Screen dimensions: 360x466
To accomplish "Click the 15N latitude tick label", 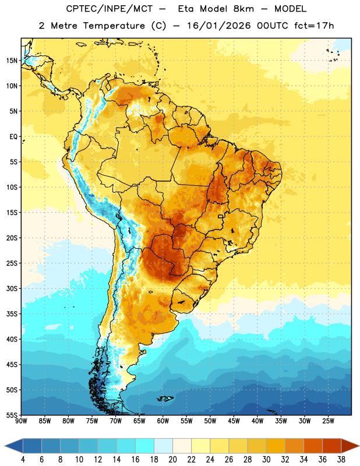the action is (x=12, y=61).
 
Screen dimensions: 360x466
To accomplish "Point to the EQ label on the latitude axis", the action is (x=13, y=137).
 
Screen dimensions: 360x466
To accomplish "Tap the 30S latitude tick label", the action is (x=12, y=288).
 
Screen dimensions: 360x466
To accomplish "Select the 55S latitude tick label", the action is (x=12, y=415).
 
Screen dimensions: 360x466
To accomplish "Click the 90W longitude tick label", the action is (x=21, y=421).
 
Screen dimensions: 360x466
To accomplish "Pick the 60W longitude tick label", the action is (x=163, y=421).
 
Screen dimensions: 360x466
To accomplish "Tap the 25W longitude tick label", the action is (x=328, y=421).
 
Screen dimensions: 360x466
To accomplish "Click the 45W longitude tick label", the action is (x=234, y=421).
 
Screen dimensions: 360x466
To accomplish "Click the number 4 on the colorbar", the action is (x=23, y=460).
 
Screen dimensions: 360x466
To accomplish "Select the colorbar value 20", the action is (x=172, y=460).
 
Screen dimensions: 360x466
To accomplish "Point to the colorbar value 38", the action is (x=341, y=460).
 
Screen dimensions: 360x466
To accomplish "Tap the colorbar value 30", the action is (x=266, y=460).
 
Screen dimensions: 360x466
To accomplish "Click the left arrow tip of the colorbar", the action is (x=5, y=446).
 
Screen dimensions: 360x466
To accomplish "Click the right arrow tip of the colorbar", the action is (x=359, y=446).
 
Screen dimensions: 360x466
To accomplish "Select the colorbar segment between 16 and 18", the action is (x=145, y=446).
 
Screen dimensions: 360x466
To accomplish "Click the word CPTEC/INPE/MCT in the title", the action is (x=109, y=9).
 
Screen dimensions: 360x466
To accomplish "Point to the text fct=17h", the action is (x=314, y=26).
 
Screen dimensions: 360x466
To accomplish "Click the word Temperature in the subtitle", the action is (x=114, y=26).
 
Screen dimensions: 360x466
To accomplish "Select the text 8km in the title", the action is (x=243, y=9).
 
